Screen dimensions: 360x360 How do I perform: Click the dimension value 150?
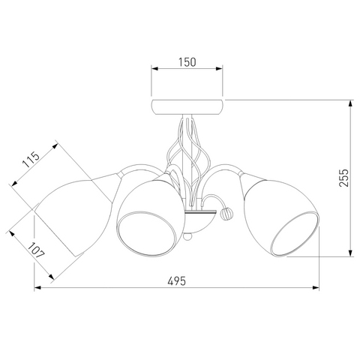click(187, 62)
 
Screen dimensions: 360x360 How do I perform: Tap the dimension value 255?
click(344, 178)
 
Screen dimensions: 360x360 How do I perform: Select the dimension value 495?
click(177, 281)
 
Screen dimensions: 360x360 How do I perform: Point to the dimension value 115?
click(31, 160)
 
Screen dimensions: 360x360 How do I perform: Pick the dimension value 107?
click(36, 250)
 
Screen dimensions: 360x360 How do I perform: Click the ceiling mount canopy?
click(187, 107)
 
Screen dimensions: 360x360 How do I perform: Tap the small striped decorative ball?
click(226, 214)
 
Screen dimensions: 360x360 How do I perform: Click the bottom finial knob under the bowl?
click(187, 236)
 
